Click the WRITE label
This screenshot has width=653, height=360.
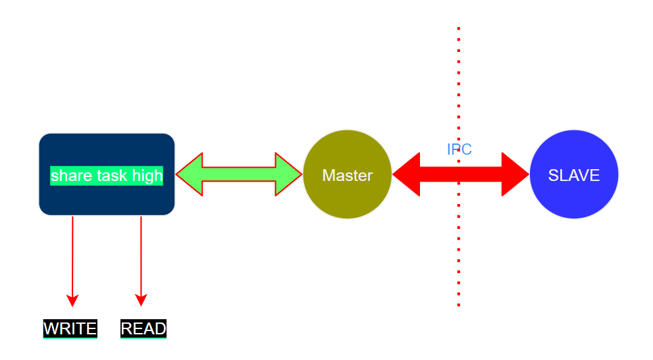coord(70,328)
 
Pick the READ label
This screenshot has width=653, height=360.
coord(144,328)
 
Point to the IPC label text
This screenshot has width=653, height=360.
coord(459,149)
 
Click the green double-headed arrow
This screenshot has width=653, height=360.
coord(239,174)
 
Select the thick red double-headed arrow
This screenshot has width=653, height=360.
coord(461,174)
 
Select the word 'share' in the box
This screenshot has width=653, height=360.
coord(71,176)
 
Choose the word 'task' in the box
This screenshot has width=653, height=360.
coord(112,176)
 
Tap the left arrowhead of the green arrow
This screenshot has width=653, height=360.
coord(190,174)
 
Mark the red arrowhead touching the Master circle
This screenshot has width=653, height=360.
coord(407,174)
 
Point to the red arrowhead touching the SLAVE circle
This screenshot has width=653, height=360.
coord(515,174)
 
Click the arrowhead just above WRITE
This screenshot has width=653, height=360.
coord(72,299)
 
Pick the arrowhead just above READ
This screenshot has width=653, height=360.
coord(141,299)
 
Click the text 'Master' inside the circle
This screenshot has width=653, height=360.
coord(347,176)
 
